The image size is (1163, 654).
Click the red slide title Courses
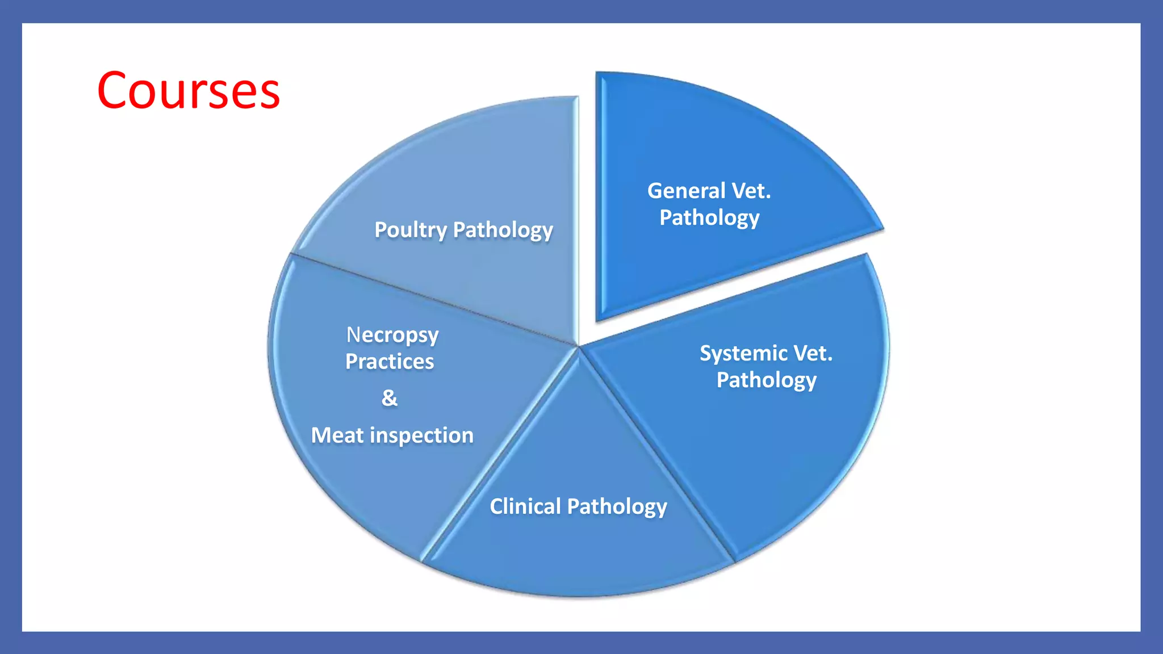point(188,91)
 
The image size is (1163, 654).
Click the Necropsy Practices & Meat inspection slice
point(363,483)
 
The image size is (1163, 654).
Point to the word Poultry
point(411,230)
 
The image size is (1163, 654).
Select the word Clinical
point(525,506)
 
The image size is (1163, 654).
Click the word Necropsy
point(392,335)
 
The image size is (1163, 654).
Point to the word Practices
point(390,362)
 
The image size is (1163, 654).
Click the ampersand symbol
point(390,398)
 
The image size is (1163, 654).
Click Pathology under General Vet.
point(709,218)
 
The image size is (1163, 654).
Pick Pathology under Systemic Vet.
point(766,380)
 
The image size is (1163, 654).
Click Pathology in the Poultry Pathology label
point(503,230)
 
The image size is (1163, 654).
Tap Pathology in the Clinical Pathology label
point(617,506)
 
